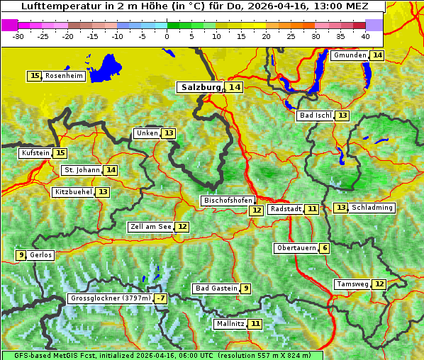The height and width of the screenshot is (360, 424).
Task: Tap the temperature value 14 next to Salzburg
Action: (234, 87)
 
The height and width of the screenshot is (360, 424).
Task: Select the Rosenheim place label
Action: (64, 76)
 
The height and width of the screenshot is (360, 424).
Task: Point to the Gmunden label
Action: (350, 55)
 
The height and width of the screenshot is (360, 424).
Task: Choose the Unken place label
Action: (147, 133)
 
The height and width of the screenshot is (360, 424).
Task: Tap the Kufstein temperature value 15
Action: (60, 153)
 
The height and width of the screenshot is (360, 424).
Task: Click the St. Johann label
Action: (81, 170)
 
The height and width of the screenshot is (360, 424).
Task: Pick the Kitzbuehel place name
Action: (73, 192)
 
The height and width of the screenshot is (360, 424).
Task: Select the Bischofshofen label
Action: (228, 201)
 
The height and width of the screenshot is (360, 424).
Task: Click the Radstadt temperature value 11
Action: (312, 209)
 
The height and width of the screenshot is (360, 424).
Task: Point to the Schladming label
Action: (372, 208)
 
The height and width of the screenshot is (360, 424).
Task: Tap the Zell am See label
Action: (150, 227)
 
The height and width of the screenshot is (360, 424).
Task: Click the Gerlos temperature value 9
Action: (21, 255)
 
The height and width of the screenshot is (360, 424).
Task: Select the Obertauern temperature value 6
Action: (324, 248)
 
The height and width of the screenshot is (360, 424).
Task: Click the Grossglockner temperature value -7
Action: (162, 299)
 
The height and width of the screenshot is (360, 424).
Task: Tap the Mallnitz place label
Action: (230, 324)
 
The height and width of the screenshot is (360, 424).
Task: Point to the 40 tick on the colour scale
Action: (365, 35)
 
